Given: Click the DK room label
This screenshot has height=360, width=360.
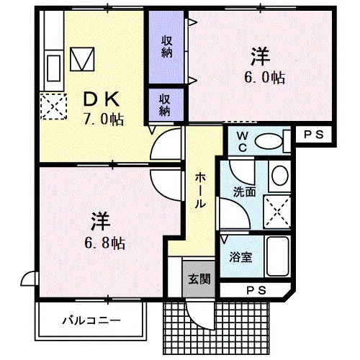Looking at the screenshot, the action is point(101,99).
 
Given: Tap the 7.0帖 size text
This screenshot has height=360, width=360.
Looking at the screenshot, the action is point(104,120).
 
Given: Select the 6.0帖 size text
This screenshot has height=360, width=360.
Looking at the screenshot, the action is point(265,78).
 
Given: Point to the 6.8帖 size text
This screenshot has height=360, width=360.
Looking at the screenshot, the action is point(104,243).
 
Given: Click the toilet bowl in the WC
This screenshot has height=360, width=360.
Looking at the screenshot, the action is point(269,142).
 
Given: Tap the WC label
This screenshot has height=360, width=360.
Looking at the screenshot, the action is point(242,142).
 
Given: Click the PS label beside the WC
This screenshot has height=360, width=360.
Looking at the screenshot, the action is point(313,135).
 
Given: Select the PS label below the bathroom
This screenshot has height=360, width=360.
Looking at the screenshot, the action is point(256,291).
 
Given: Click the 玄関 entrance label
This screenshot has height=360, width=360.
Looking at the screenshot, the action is point(199,279).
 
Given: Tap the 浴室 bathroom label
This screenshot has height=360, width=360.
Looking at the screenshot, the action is point(240,257).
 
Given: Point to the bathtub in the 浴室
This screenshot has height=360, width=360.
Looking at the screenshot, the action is point(277,256).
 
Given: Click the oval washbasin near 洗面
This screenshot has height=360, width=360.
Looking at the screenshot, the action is point(280,175).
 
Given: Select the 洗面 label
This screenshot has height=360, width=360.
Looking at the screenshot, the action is point(245,192).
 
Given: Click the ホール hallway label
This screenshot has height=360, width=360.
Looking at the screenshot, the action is point(200,191).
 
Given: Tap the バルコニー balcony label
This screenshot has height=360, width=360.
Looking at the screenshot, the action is point(91,320).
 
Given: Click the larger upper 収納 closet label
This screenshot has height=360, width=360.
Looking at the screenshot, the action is point(166,47).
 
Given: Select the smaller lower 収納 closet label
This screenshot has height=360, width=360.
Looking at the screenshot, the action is point(165,105).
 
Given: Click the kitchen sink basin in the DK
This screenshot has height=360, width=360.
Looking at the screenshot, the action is point(53,68).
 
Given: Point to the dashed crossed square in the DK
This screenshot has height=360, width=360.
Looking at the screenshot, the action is point(53,107).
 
